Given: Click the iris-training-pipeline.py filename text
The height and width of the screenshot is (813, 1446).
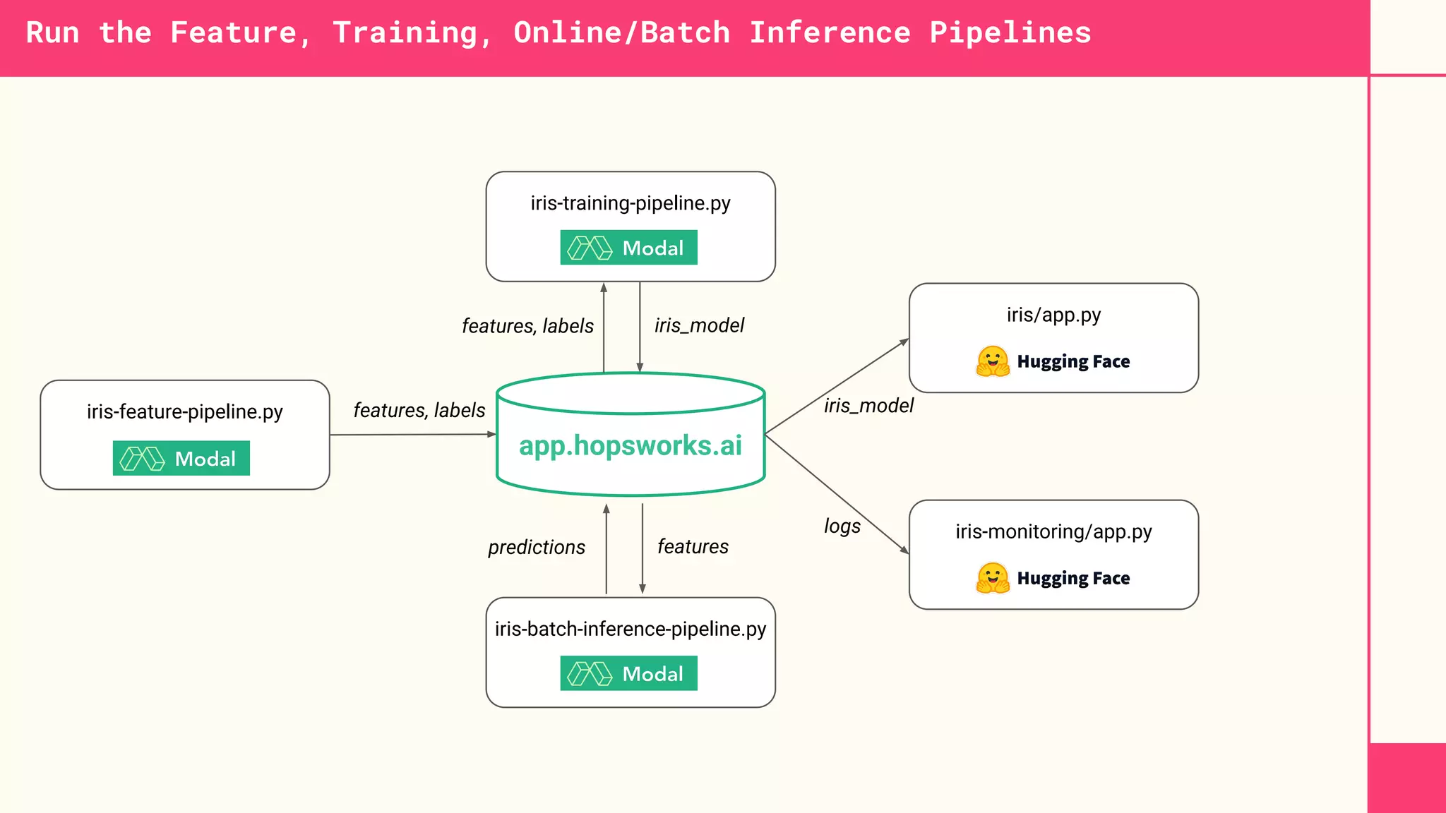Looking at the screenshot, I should point(631,203).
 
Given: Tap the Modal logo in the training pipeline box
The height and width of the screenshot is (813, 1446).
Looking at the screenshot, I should point(628,248).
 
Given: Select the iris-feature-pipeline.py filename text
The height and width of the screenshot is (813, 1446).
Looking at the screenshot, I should point(185,411).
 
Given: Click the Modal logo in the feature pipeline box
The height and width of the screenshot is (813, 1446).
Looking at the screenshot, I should point(181,459).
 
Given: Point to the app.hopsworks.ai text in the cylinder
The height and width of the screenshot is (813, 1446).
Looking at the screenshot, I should point(631,446).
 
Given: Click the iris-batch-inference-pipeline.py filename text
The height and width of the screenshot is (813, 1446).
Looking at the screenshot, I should point(631,629).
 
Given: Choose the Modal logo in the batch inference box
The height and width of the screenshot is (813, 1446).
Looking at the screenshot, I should point(628,673).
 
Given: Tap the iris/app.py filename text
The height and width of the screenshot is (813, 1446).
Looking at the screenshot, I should point(1053,315).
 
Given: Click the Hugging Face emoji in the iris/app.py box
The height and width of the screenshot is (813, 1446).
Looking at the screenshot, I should point(993,361).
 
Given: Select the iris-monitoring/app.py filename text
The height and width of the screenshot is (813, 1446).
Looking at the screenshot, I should point(1053,531).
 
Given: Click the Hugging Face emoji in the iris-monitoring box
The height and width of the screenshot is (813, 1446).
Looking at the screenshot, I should point(993,578).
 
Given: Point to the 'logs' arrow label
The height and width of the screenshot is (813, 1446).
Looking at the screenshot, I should point(842,526).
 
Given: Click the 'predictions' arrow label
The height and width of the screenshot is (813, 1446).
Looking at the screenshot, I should point(537,548).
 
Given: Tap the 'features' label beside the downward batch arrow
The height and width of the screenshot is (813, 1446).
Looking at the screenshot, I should point(693,547).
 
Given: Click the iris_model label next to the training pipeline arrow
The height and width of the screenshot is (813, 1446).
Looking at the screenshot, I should point(699,325).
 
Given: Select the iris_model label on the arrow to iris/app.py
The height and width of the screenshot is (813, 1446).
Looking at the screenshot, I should point(868,406).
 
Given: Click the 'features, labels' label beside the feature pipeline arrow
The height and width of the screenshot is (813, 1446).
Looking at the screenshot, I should point(419,410).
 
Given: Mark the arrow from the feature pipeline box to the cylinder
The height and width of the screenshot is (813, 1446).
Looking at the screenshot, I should point(413,435).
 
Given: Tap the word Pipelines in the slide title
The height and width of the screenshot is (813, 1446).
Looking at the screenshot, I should point(1010,33).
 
